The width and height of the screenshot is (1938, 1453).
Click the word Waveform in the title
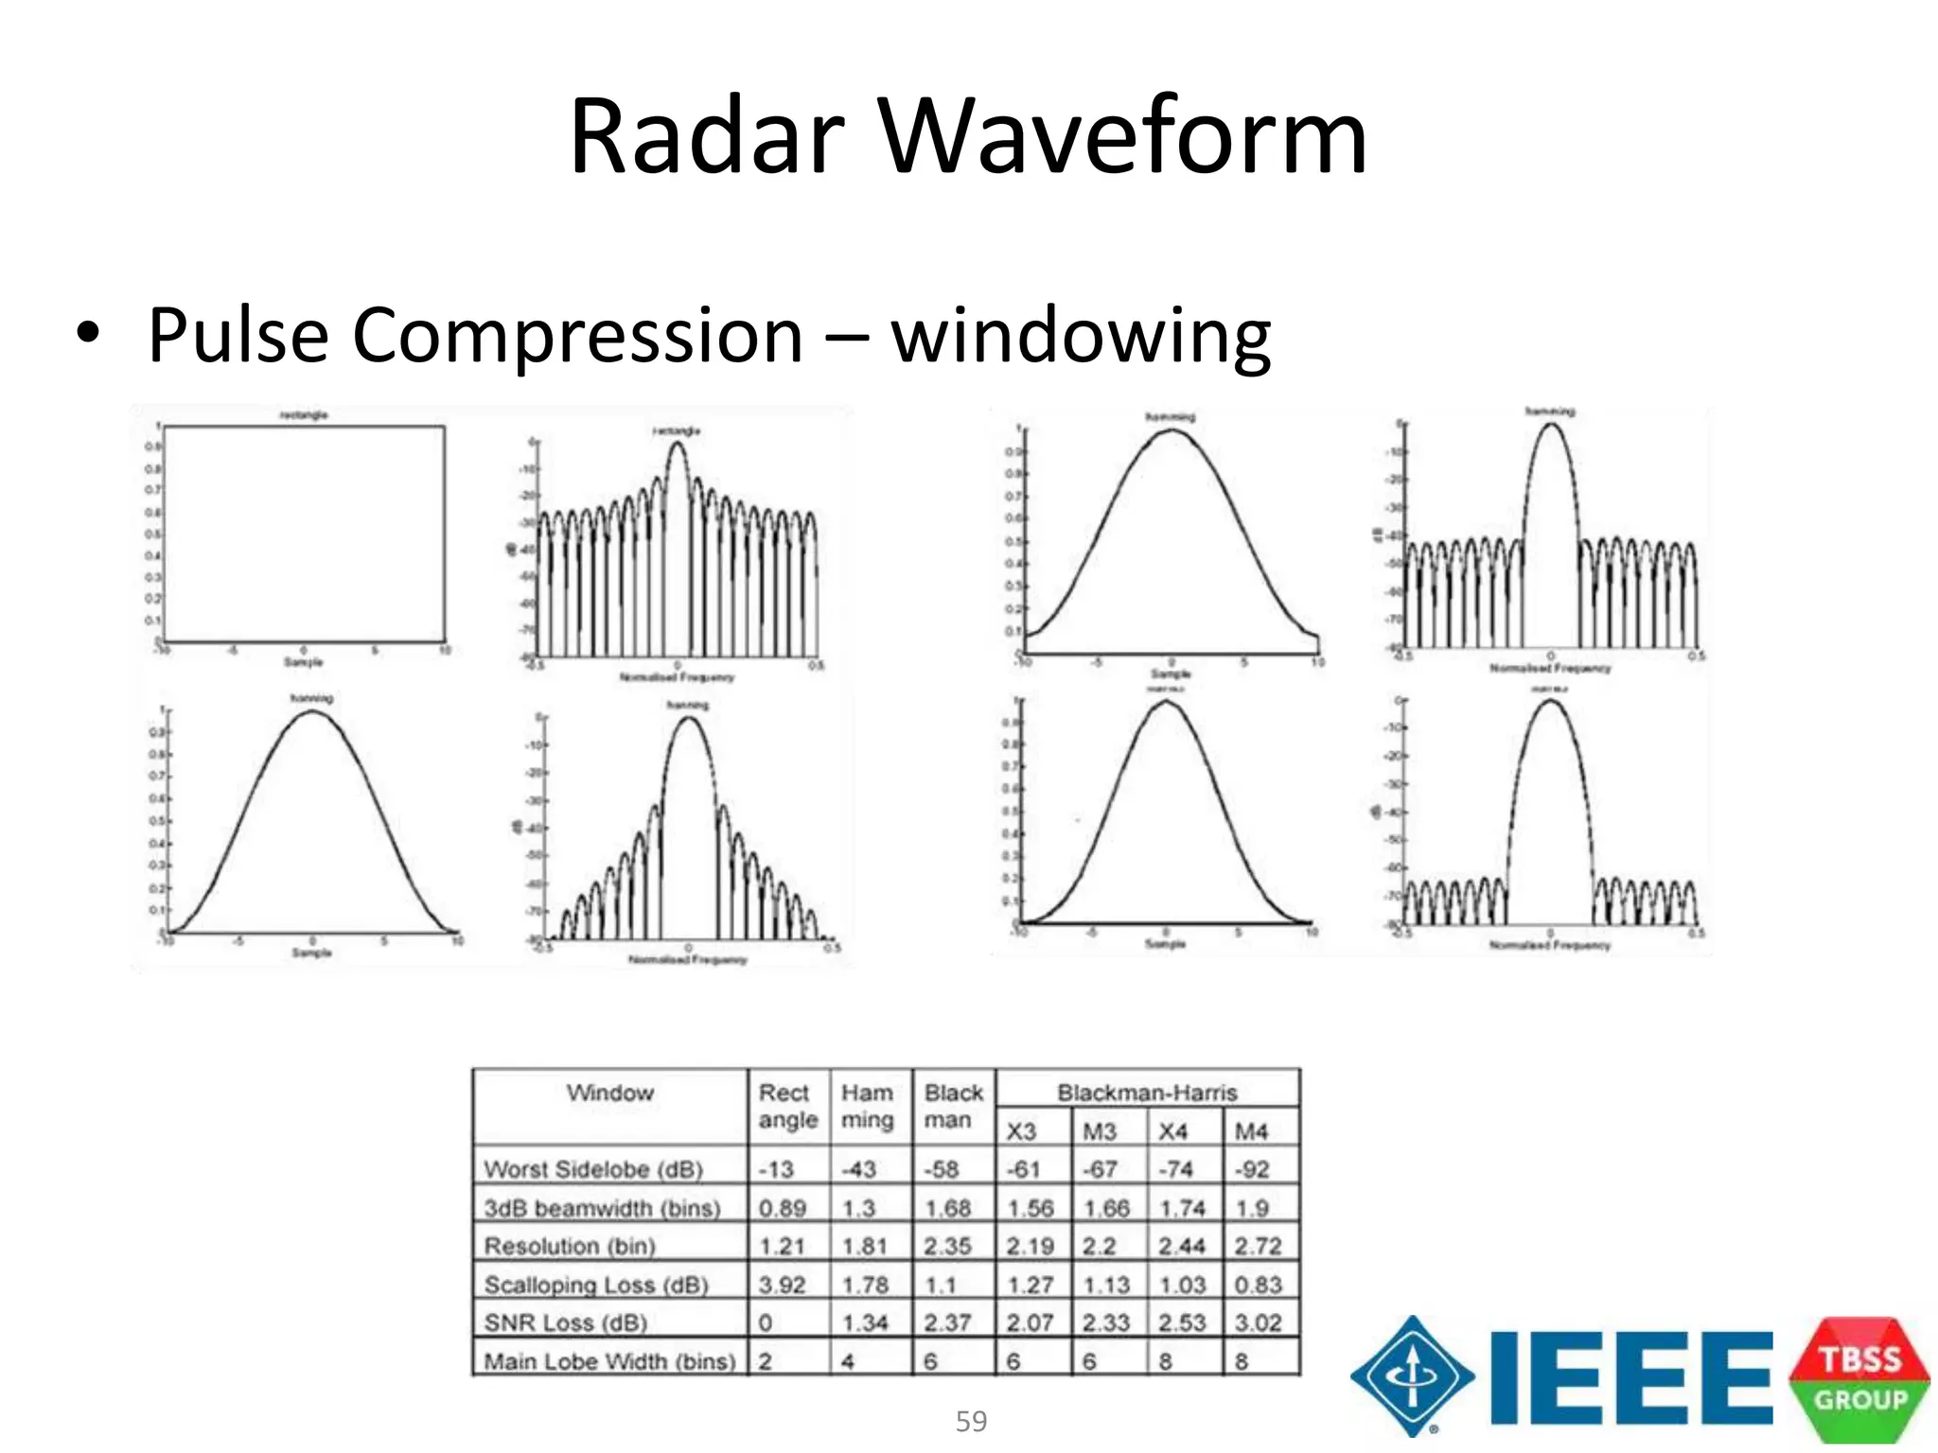1123,137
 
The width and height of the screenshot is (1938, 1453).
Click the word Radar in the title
706,137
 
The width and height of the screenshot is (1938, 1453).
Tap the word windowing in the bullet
1081,336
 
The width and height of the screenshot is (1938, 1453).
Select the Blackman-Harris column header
1146,1092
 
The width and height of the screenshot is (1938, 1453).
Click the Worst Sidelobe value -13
776,1169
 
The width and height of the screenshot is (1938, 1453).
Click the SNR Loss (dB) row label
566,1322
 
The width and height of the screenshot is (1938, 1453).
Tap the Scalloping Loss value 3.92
782,1285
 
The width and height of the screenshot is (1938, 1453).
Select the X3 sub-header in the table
1021,1131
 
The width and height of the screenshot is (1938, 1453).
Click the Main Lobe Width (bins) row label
609,1361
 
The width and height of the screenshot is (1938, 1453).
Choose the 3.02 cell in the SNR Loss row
1258,1322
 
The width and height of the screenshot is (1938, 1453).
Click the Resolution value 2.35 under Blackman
947,1246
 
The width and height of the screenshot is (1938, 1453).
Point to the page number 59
971,1421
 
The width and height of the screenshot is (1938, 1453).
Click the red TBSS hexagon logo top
1859,1357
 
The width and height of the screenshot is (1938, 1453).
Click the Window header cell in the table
609,1094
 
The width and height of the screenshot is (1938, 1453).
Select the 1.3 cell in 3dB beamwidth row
858,1208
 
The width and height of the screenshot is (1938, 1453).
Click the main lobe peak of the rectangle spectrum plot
677,445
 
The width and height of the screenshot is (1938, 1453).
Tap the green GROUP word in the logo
1859,1401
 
